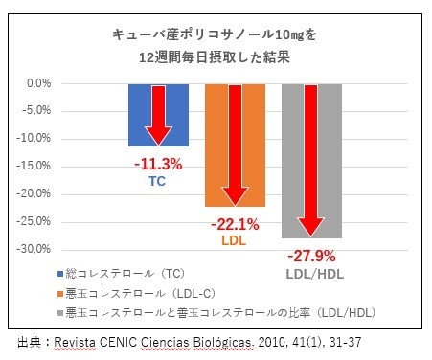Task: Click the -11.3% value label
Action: click(x=158, y=164)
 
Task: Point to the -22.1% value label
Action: click(x=234, y=225)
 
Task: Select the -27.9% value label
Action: click(x=311, y=256)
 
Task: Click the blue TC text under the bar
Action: click(x=157, y=179)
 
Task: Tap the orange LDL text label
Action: click(x=234, y=240)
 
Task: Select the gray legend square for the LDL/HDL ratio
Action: click(x=59, y=313)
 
